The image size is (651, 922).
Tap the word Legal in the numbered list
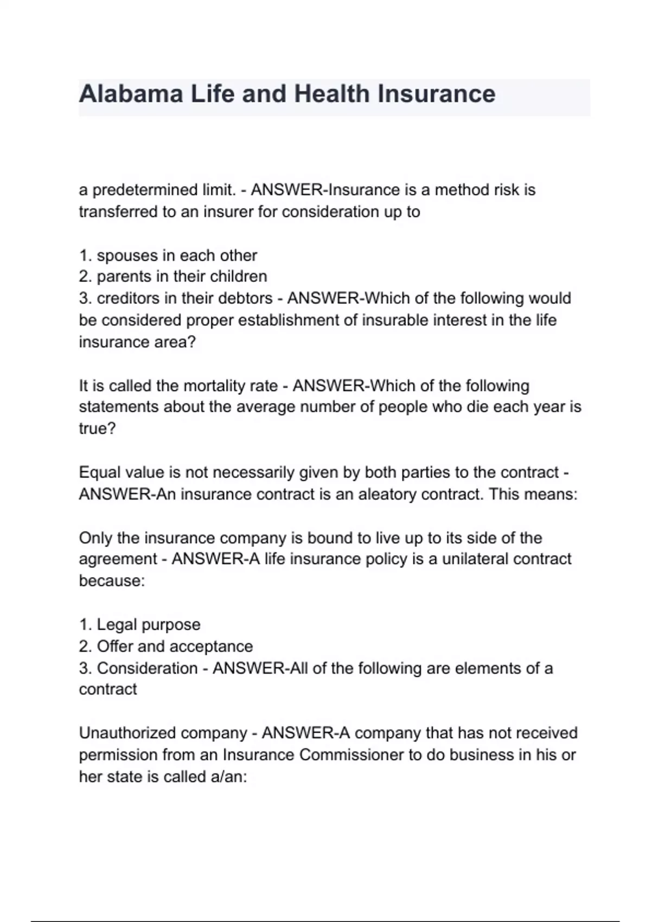pos(117,625)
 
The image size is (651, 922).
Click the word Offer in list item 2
pos(115,646)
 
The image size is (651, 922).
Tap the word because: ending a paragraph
pos(112,581)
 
